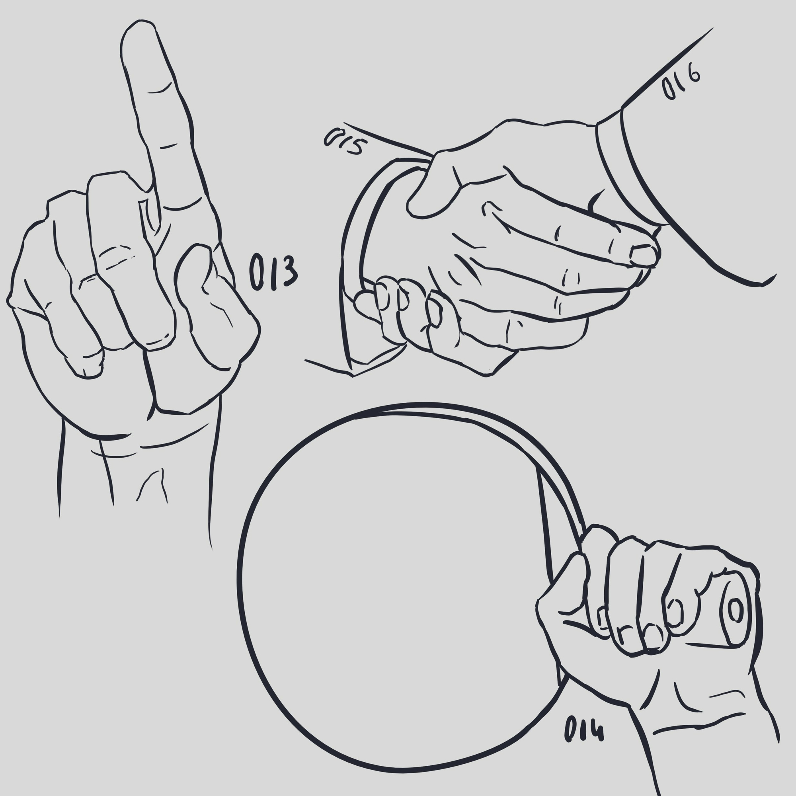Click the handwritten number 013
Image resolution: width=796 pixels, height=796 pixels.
click(x=273, y=272)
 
